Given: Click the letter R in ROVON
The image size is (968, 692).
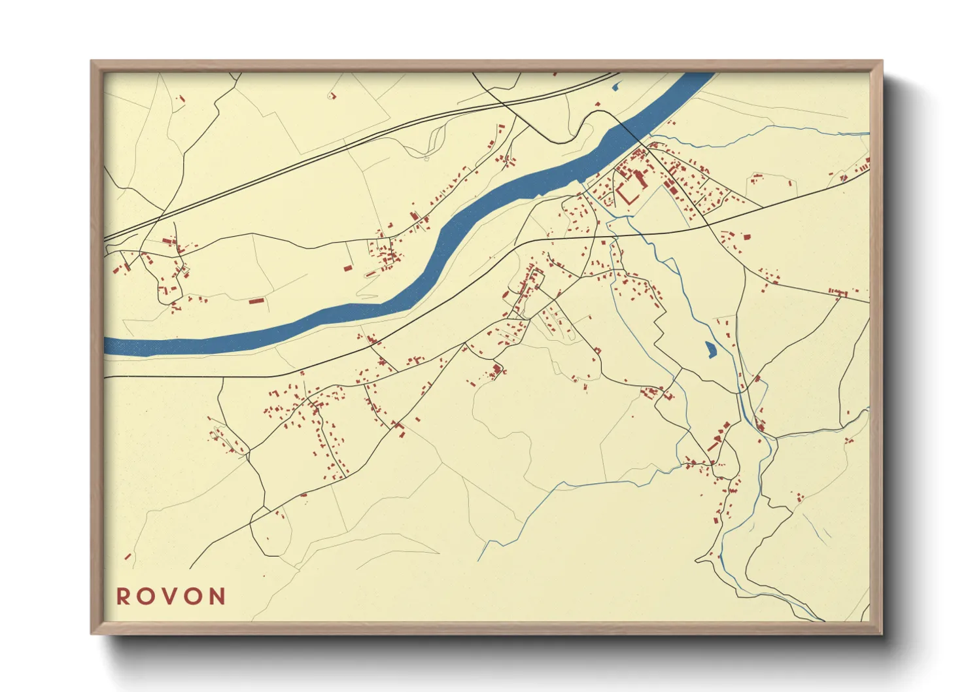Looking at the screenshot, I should [x=123, y=597].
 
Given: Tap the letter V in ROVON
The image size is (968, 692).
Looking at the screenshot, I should [x=170, y=597].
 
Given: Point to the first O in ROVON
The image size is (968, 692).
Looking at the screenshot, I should [x=146, y=597].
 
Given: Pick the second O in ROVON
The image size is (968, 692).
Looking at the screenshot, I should [x=194, y=597].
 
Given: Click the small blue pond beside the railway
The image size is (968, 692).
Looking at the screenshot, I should [x=615, y=85].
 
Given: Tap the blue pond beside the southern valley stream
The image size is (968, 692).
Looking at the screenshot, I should [x=710, y=350].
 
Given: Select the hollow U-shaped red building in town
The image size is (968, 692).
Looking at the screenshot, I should [x=628, y=194].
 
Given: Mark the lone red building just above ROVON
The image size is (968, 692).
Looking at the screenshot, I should [x=128, y=557].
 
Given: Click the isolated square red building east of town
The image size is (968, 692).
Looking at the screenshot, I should [x=746, y=237].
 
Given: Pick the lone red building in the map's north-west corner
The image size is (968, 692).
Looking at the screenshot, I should [x=182, y=99].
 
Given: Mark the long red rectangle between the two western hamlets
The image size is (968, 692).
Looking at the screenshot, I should [x=256, y=301].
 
